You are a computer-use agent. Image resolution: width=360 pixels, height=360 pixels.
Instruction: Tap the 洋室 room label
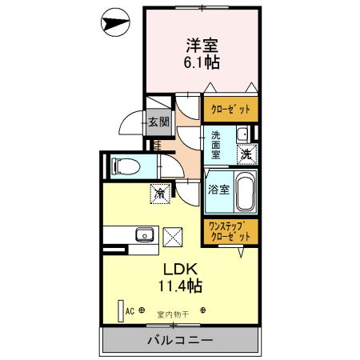pos(201,46)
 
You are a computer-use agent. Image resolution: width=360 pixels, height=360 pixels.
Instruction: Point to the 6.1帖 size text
pos(201,62)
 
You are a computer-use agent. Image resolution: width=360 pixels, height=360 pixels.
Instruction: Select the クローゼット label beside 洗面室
pos(230,109)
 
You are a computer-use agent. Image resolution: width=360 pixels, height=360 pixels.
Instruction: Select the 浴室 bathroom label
pos(219,190)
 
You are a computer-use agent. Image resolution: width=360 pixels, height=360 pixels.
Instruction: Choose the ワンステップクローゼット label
pos(230,231)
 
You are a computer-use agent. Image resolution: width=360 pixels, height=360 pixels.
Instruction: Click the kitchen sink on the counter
pos(145,234)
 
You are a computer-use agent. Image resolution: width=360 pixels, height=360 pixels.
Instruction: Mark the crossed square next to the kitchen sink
pos(173,235)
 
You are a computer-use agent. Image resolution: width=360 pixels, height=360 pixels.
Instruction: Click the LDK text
pos(181,268)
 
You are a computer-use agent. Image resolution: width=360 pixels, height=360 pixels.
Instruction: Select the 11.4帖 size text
pos(181,286)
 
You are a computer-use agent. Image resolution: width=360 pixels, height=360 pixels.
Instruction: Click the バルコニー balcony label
pos(180,340)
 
